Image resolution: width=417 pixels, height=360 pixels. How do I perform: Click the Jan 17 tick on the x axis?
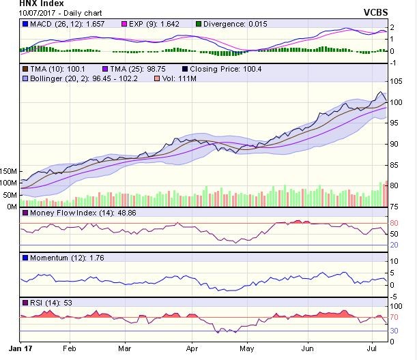coord(26,346)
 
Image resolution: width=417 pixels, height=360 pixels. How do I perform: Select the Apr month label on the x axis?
coord(193,346)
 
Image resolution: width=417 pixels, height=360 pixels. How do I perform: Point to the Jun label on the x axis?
coord(309,346)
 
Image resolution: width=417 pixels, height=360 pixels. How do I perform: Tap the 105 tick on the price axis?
coord(394,82)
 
